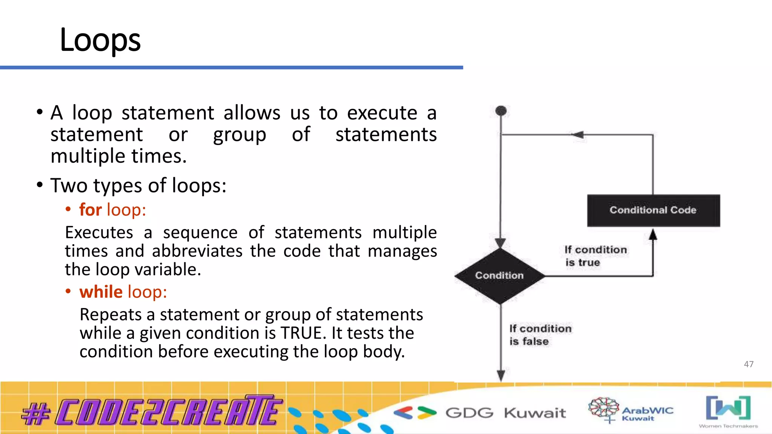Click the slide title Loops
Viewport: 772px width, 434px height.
coord(100,40)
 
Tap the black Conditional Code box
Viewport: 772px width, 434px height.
coord(653,210)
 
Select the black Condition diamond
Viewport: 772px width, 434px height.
coord(499,276)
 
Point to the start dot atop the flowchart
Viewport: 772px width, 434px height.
coord(501,111)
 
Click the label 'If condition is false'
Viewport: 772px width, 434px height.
coord(540,335)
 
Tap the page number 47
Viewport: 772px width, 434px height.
coord(749,364)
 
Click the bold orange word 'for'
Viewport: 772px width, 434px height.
coord(90,210)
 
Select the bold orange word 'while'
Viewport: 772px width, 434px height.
coord(101,292)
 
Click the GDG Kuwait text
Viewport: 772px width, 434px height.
coord(505,413)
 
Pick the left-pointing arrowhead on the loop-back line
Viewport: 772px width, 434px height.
coord(578,134)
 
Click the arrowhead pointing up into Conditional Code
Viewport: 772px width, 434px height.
coord(653,235)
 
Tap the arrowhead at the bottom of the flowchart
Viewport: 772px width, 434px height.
coord(501,375)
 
